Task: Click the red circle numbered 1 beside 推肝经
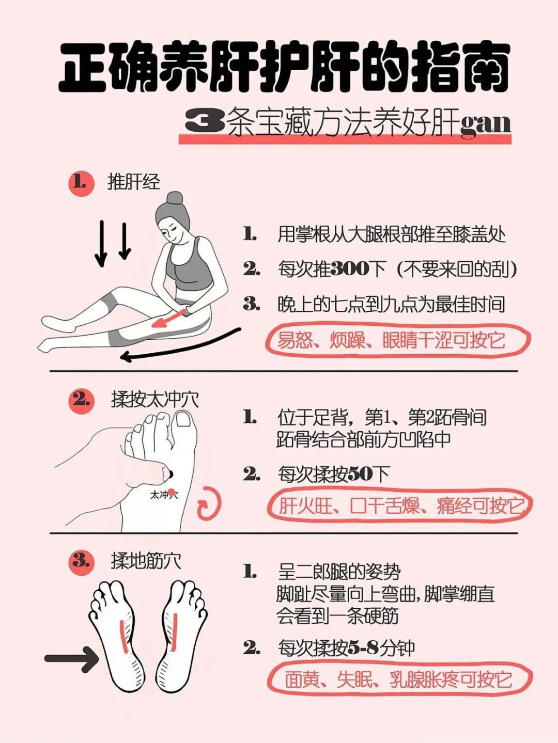pyautogui.click(x=81, y=183)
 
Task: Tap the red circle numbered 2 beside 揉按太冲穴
pyautogui.click(x=81, y=400)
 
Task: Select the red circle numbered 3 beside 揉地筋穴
pyautogui.click(x=81, y=561)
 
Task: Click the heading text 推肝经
pyautogui.click(x=134, y=182)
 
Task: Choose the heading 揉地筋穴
pyautogui.click(x=146, y=561)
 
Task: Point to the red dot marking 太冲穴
pyautogui.click(x=172, y=492)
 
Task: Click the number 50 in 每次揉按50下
pyautogui.click(x=361, y=474)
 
